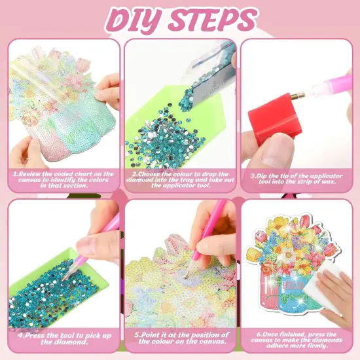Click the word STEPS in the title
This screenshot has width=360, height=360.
[212, 20]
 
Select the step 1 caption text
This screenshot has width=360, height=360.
[63, 179]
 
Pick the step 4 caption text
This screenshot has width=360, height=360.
[63, 338]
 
